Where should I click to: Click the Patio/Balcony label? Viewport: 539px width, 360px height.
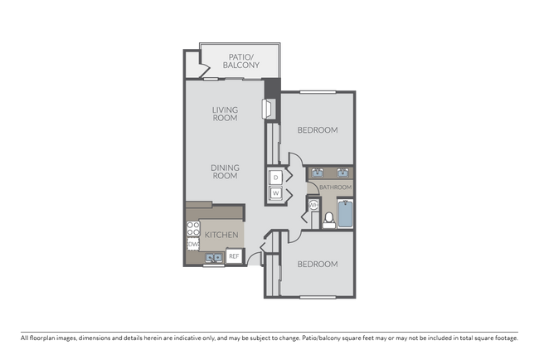coord(243,61)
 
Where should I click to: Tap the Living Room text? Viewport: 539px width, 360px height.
coord(224,114)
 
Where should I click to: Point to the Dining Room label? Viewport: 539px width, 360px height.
coord(224,172)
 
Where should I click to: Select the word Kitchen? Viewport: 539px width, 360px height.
coord(222,235)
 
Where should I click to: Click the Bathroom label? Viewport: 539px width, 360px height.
coord(336,187)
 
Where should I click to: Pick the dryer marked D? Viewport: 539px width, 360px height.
coord(275,176)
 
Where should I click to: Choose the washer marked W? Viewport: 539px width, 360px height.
coord(275,193)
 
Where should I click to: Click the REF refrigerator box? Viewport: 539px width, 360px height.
coord(234,256)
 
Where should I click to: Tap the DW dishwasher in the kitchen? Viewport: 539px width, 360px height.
coord(192,245)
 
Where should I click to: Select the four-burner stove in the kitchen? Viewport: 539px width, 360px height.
coord(192,228)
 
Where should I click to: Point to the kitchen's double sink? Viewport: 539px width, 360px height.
coord(212,258)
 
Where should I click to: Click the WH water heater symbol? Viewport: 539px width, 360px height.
coord(314,207)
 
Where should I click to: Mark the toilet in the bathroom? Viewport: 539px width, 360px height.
coord(329,218)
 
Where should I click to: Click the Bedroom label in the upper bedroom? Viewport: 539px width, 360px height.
coord(317,130)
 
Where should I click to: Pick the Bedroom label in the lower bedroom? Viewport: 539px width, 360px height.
coord(317,265)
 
